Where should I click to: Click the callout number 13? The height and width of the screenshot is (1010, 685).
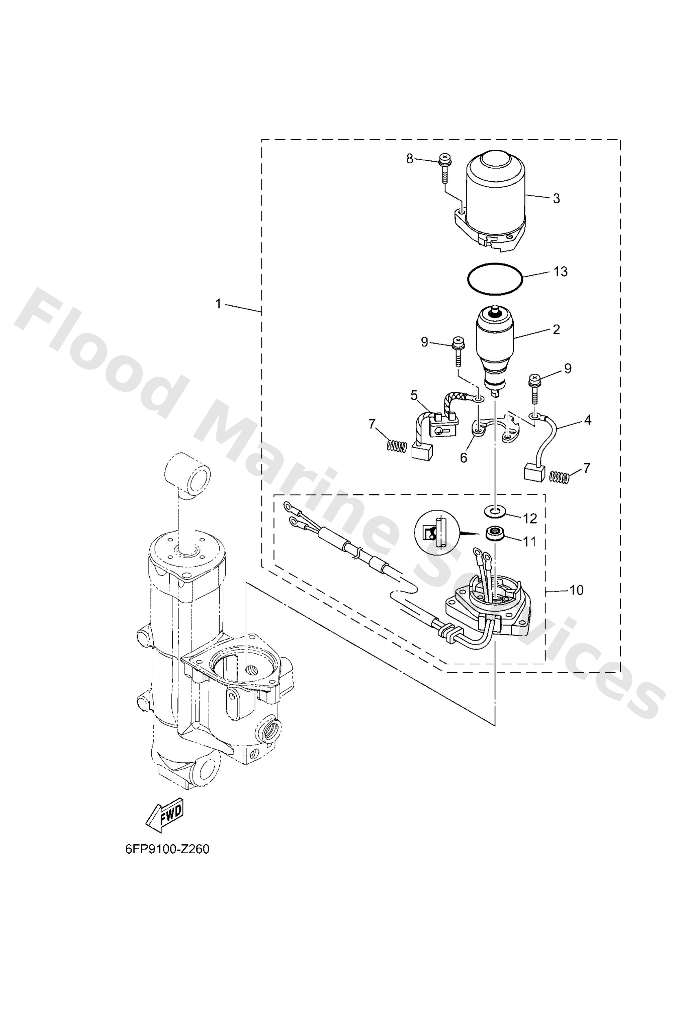click(561, 272)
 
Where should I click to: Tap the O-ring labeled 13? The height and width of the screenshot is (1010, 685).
click(495, 279)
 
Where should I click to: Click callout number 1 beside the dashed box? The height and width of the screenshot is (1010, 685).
click(218, 304)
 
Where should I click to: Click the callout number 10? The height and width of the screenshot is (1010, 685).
click(576, 590)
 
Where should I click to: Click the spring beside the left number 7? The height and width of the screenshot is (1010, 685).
click(397, 445)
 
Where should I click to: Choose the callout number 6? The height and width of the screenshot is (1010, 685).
click(463, 458)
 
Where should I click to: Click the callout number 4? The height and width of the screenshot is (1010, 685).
click(587, 420)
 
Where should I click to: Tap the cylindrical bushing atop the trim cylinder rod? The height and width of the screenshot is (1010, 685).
click(187, 474)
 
